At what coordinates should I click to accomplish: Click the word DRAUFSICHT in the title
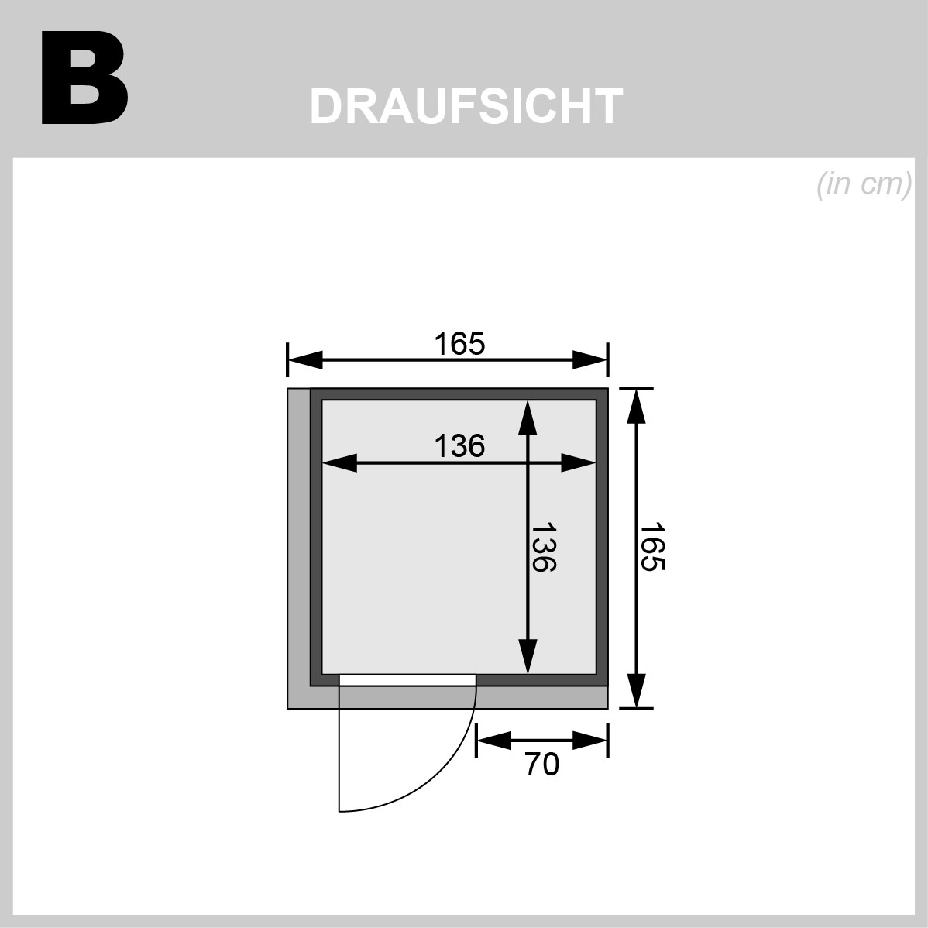[466, 107]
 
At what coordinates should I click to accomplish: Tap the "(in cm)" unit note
[864, 184]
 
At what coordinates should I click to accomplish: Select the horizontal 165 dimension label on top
[459, 344]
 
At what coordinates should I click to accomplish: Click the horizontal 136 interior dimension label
[459, 445]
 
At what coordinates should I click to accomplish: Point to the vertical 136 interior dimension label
[543, 547]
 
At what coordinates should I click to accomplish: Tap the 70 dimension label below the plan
[541, 765]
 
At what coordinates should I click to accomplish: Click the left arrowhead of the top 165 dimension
[304, 359]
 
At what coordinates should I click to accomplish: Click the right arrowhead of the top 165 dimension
[590, 359]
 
